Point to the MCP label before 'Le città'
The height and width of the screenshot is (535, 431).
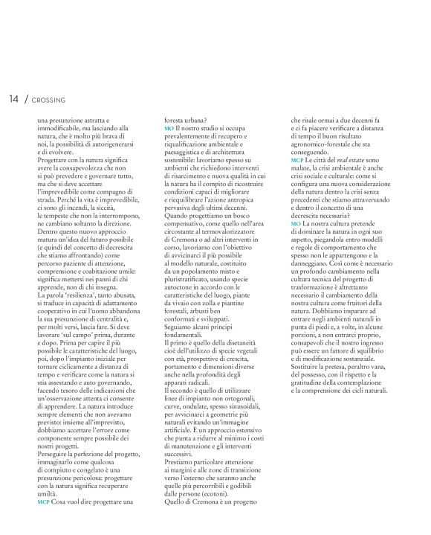(297, 160)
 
